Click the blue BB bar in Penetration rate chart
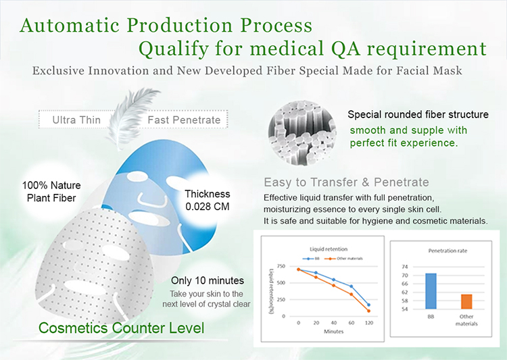(x=431, y=291)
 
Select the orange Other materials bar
(x=466, y=301)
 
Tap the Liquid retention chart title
(x=329, y=249)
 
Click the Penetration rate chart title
(x=448, y=251)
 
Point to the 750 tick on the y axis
(x=281, y=266)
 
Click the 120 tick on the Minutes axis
(x=369, y=322)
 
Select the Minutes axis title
(x=334, y=331)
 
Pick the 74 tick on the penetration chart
(x=404, y=267)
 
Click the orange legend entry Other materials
(x=343, y=259)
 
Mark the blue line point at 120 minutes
(x=368, y=305)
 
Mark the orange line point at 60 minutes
(x=351, y=294)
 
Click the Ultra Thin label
(x=76, y=120)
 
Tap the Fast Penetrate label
(x=184, y=120)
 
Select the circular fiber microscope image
(x=301, y=133)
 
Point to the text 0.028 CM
(x=208, y=207)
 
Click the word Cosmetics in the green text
(x=73, y=328)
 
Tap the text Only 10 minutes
(x=208, y=280)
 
